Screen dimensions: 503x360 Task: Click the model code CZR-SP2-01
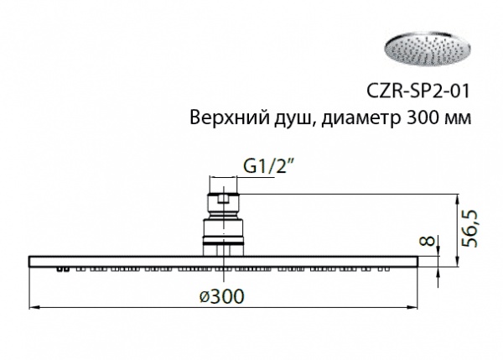(418, 91)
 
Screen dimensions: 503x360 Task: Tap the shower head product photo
(428, 50)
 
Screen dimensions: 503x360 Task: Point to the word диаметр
(360, 119)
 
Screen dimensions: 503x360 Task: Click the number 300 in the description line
(423, 117)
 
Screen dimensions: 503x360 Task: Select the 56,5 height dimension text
(469, 229)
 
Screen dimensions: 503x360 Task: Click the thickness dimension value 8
(428, 241)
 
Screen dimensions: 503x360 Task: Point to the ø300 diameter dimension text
(221, 295)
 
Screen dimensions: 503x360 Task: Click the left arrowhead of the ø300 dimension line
(34, 308)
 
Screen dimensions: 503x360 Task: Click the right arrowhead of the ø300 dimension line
(412, 308)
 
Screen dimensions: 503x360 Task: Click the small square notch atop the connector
(224, 199)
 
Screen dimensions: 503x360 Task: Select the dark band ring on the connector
(224, 239)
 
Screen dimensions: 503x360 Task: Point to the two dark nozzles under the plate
(63, 269)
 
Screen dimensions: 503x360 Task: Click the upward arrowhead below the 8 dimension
(438, 274)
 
